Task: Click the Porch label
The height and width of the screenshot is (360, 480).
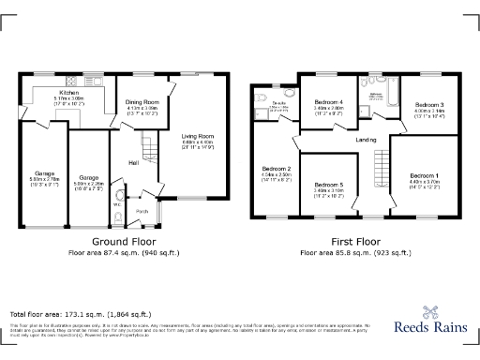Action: click(142, 211)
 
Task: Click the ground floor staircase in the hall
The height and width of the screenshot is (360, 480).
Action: click(148, 145)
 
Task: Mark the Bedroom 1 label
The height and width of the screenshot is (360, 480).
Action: click(424, 175)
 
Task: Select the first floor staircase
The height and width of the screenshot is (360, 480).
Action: click(381, 171)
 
